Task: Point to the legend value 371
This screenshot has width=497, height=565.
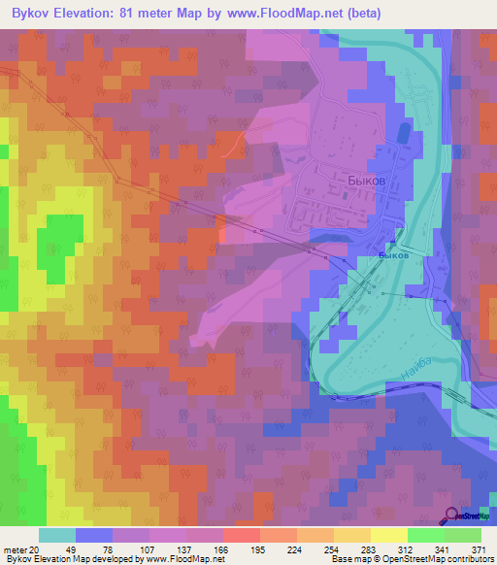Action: click(x=480, y=548)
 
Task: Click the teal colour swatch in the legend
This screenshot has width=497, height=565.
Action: click(x=57, y=535)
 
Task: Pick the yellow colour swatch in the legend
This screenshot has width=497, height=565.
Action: click(x=389, y=535)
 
